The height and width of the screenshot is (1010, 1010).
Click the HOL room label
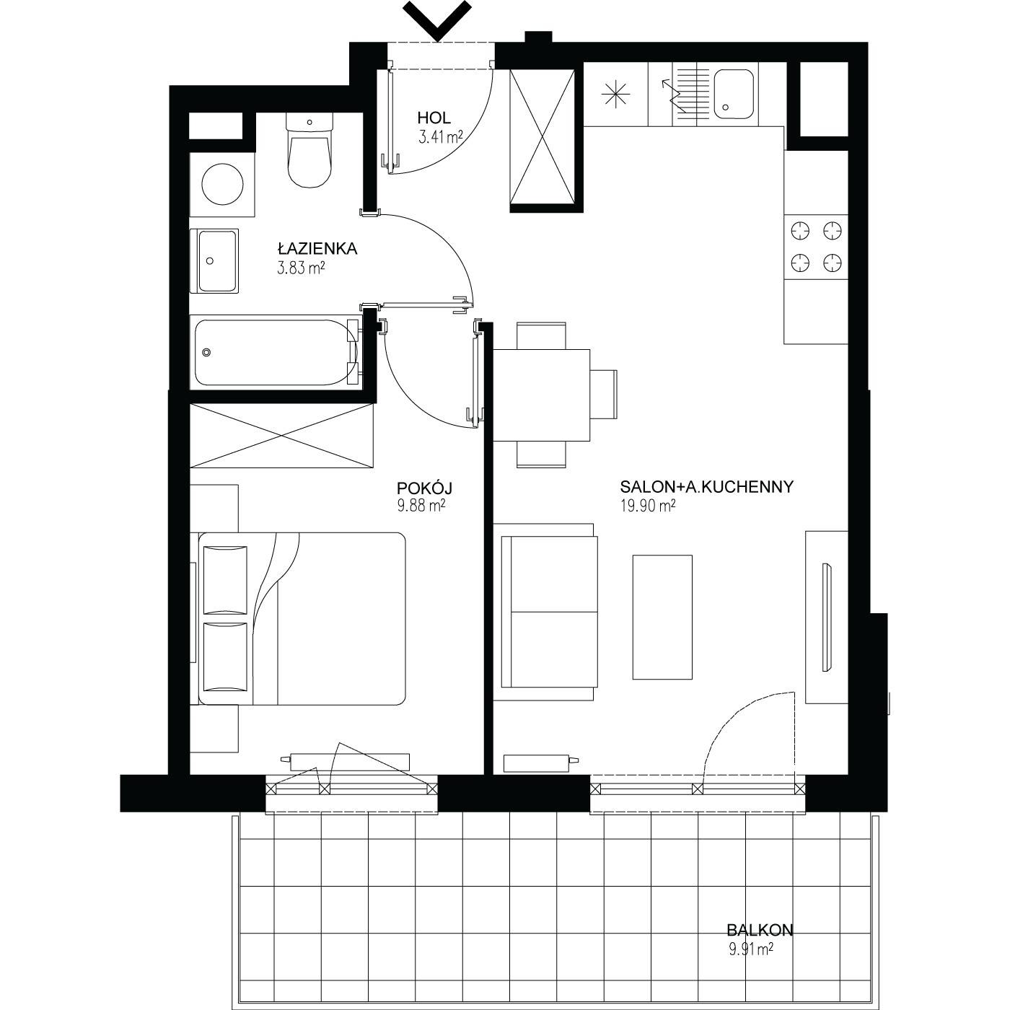pyautogui.click(x=434, y=118)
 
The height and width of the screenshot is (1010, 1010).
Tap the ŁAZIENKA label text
pyautogui.click(x=317, y=248)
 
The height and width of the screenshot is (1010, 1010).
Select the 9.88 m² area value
pyautogui.click(x=421, y=506)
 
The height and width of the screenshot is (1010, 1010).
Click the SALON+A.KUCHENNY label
pyautogui.click(x=706, y=487)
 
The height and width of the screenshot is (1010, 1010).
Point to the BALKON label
pyautogui.click(x=760, y=931)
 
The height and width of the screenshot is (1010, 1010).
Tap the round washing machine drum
pyautogui.click(x=222, y=185)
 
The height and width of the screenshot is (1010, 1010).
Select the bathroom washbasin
pyautogui.click(x=217, y=261)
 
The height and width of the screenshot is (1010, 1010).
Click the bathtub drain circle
pyautogui.click(x=208, y=352)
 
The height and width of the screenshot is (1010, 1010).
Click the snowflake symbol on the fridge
pyautogui.click(x=615, y=95)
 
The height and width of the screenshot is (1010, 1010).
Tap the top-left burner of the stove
pyautogui.click(x=800, y=231)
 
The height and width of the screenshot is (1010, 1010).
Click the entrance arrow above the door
pyautogui.click(x=438, y=20)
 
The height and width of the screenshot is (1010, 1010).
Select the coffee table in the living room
pyautogui.click(x=662, y=618)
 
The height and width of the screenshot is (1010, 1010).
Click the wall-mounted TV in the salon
pyautogui.click(x=826, y=618)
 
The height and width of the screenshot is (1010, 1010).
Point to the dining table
pyautogui.click(x=541, y=395)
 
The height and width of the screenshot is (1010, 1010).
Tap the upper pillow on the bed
pyautogui.click(x=225, y=580)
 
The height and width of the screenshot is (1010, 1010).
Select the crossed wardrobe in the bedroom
pyautogui.click(x=282, y=435)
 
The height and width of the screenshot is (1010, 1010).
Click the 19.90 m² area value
pyautogui.click(x=648, y=506)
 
